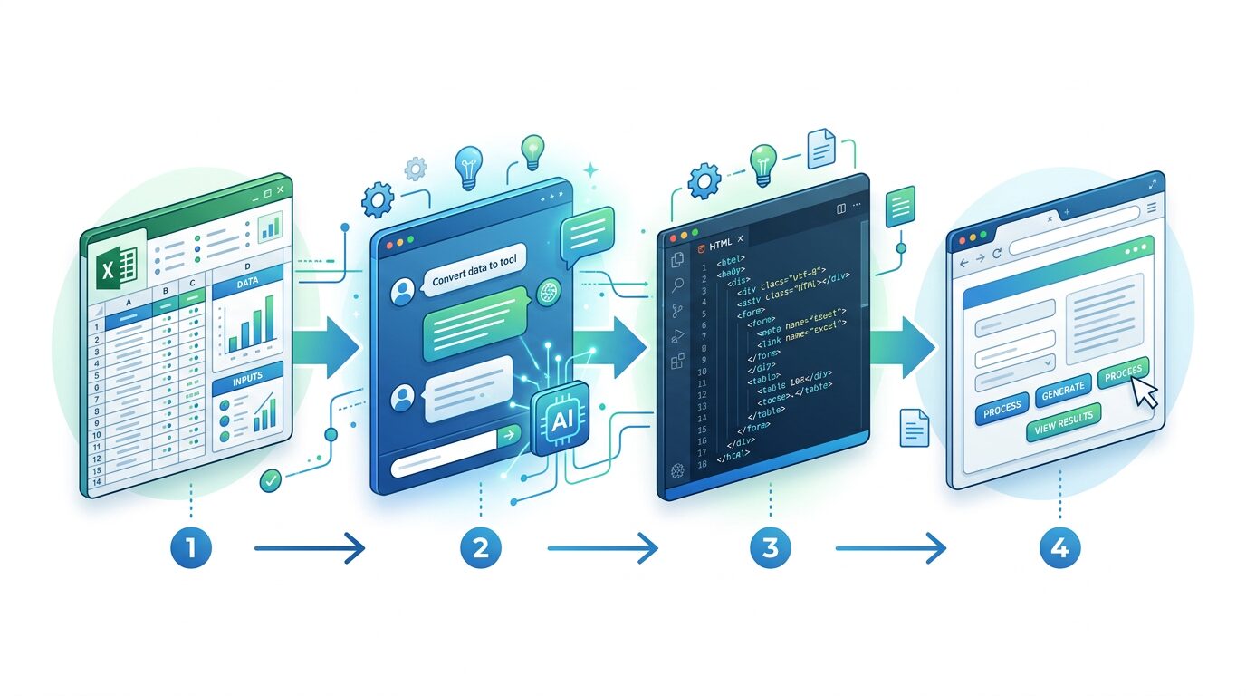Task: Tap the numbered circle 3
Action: tap(769, 547)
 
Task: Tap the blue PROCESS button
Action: tap(1002, 410)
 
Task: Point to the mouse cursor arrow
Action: tap(1144, 391)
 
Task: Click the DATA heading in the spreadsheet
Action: tap(248, 283)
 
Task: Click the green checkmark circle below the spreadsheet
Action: tap(270, 480)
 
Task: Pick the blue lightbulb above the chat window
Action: tap(468, 164)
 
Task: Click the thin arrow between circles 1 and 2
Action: tap(309, 547)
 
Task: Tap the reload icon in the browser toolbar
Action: tap(996, 256)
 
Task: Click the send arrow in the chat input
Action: tap(509, 437)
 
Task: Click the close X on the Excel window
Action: tap(281, 189)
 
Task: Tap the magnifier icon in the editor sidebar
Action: tap(676, 285)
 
